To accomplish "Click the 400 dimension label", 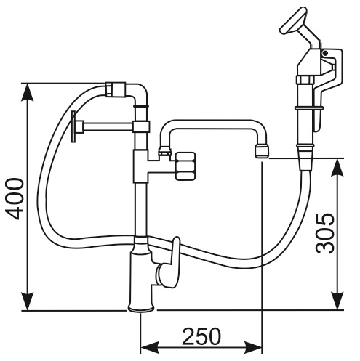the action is [15, 199].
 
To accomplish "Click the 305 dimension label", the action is [326, 234].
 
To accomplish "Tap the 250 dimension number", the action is [201, 336].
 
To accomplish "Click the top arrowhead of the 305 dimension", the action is [338, 168].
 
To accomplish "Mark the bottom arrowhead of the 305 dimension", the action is [338, 301].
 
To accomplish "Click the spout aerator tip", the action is [262, 151].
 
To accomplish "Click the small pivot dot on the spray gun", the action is [326, 53].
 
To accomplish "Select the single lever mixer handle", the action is [172, 263].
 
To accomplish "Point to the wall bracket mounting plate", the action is [73, 126].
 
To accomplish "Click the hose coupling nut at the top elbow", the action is [116, 89].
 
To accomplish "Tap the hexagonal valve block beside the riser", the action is [185, 166].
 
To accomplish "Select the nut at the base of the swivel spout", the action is [165, 153].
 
